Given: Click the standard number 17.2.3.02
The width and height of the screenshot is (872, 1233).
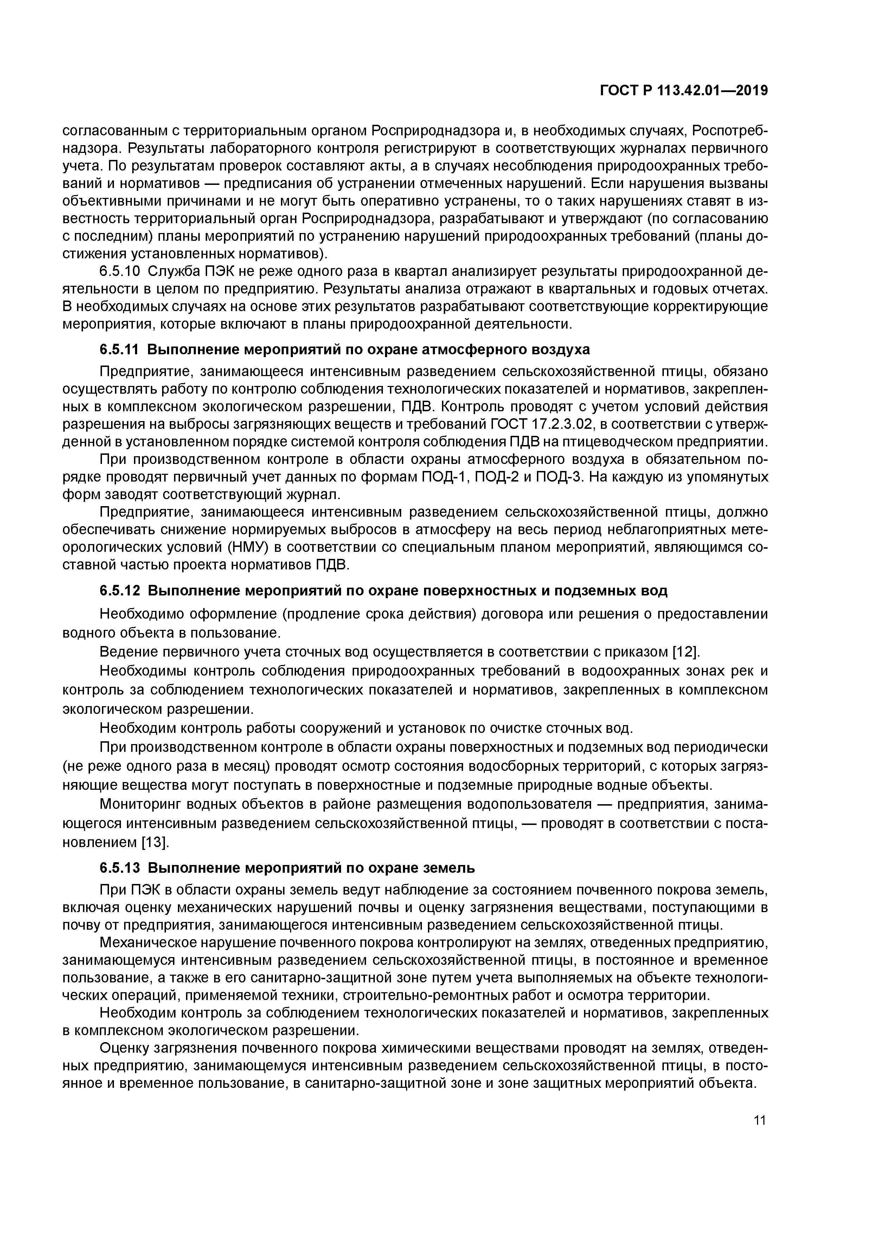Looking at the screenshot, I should click(562, 424).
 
